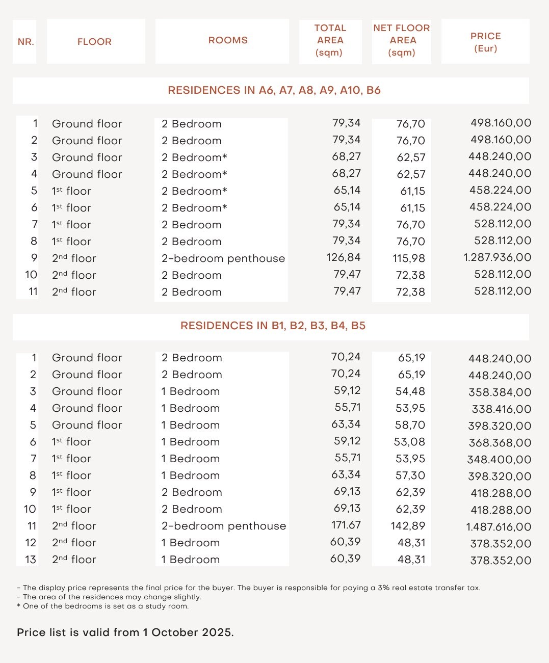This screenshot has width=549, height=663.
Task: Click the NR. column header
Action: coord(25,42)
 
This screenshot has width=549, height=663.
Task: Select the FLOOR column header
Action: coord(94,42)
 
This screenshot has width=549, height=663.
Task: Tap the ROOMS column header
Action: coord(228,40)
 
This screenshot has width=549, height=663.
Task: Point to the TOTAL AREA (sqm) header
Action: coord(330,40)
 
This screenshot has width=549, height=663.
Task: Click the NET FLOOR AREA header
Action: coord(402,40)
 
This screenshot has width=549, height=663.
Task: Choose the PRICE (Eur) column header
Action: coord(485,42)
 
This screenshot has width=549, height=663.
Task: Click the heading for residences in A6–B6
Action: coord(274,91)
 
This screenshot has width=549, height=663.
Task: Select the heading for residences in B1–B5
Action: coord(273,326)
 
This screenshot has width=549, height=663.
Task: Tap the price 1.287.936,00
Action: coord(497,257)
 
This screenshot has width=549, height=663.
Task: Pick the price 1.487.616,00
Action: coord(498,527)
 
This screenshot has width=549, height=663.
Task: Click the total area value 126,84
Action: coord(343,257)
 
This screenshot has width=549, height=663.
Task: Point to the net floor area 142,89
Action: coord(408,526)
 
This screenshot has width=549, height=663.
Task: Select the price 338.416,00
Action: coord(502,409)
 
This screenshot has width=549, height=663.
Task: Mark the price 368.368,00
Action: coord(500,443)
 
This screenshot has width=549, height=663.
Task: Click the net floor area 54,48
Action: coord(410,391)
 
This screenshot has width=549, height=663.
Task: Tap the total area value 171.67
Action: coord(346,525)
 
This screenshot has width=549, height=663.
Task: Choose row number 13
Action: coord(31,560)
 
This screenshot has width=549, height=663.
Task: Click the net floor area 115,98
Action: coord(409,258)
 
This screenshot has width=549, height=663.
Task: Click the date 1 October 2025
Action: coord(187,632)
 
